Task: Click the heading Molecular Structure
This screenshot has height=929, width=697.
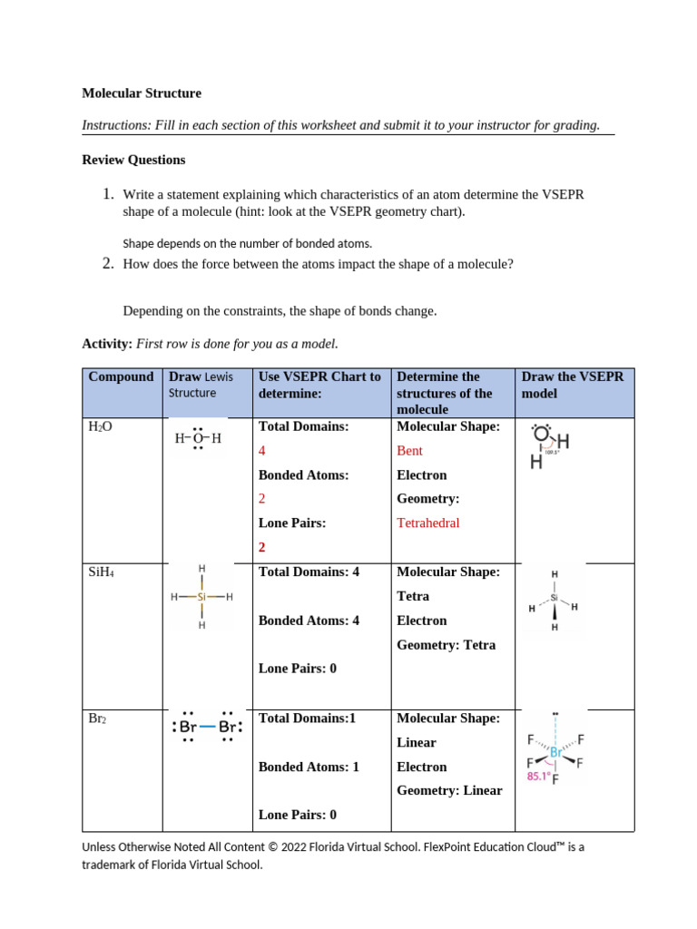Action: [x=142, y=93]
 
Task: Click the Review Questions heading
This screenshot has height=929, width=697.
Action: [x=133, y=160]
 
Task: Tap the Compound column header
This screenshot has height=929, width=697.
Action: [x=121, y=376]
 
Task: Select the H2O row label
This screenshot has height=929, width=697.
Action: [x=100, y=426]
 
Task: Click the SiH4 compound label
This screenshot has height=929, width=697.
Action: [x=102, y=572]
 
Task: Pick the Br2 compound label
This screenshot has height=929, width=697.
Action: [x=98, y=719]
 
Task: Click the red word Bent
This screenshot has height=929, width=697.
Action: [x=409, y=451]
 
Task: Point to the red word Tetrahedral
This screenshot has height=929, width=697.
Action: [x=427, y=523]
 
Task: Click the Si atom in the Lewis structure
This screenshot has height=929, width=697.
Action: [x=201, y=597]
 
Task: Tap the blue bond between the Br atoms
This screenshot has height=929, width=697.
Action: [x=207, y=727]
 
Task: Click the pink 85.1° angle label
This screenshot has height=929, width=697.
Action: [x=540, y=776]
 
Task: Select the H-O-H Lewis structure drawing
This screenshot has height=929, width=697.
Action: [x=198, y=439]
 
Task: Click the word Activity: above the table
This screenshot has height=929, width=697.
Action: [x=107, y=344]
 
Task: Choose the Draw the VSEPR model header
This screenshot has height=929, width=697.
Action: [x=572, y=385]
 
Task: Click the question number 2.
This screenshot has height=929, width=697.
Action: [x=106, y=264]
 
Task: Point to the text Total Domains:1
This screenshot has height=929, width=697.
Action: [x=307, y=719]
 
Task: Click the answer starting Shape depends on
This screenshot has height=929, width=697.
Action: [x=247, y=243]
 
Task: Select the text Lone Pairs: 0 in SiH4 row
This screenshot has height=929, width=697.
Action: [x=297, y=669]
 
